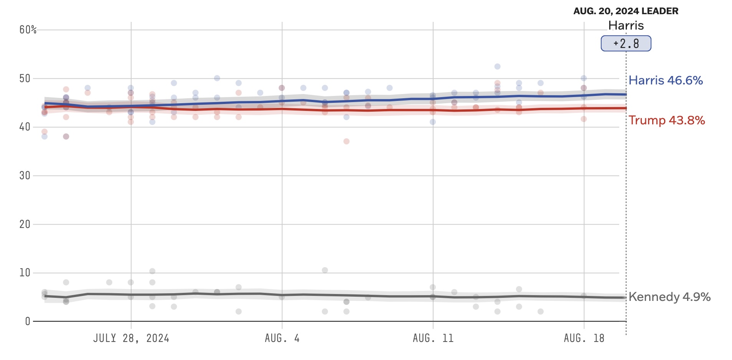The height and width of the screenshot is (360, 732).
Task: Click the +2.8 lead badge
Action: (x=626, y=43)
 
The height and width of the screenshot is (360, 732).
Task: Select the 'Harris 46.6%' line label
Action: (x=666, y=80)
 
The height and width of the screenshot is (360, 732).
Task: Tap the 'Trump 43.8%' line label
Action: (x=666, y=121)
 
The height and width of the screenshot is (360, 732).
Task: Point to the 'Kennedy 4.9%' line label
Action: (x=669, y=297)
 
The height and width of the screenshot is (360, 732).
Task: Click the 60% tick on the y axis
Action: (x=28, y=30)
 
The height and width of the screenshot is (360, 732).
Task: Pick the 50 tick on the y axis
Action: (x=25, y=79)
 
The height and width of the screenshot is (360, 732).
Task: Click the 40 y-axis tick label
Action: (x=25, y=127)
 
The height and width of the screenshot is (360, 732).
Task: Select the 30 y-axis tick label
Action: (x=25, y=176)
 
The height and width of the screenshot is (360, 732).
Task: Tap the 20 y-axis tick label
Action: (x=25, y=224)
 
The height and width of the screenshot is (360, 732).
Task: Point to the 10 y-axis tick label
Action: (x=25, y=273)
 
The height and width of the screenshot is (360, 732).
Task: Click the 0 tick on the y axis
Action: (x=27, y=321)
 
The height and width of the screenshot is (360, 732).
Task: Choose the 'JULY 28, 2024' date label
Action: (x=131, y=338)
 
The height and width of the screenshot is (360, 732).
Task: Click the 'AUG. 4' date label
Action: (x=282, y=338)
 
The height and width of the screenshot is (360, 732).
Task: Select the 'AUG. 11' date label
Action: (x=433, y=338)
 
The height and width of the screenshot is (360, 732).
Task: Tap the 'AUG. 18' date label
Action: (x=584, y=338)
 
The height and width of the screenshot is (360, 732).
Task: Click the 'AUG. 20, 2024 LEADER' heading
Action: (x=626, y=11)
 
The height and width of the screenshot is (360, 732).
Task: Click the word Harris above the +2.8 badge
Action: (x=626, y=25)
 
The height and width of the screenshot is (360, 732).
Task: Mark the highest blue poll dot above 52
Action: (x=497, y=66)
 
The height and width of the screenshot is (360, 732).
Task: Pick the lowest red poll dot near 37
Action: (x=346, y=141)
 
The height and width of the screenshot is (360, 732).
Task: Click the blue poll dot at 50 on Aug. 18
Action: (x=584, y=78)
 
